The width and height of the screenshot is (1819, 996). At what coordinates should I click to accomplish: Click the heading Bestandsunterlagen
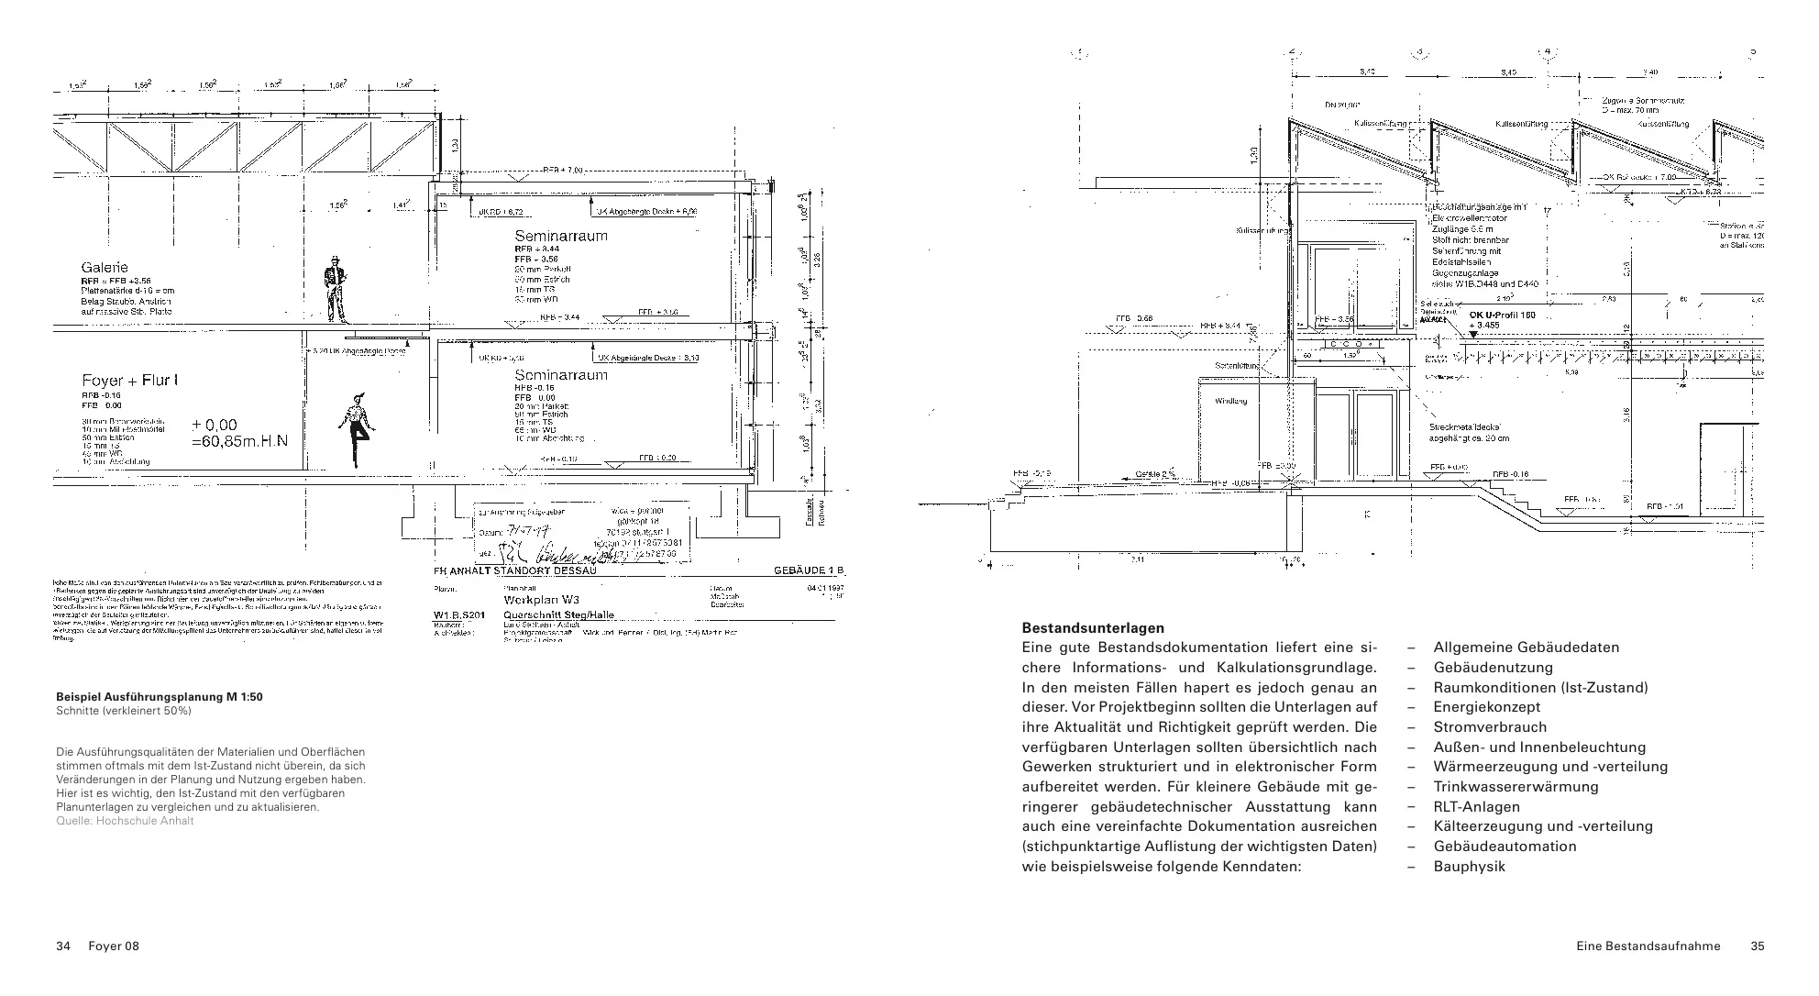tap(1079, 628)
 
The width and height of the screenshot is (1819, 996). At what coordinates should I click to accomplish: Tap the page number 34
tap(63, 946)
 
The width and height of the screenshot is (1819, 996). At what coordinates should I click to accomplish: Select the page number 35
tap(1757, 946)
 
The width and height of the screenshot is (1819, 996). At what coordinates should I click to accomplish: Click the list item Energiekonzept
tap(1486, 707)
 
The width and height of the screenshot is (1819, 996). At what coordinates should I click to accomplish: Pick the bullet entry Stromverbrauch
tap(1490, 727)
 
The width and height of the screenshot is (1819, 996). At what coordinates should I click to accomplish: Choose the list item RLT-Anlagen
tap(1476, 807)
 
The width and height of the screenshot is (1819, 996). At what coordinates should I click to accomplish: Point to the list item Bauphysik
tap(1469, 867)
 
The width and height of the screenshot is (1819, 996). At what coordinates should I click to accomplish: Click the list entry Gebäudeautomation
tap(1505, 847)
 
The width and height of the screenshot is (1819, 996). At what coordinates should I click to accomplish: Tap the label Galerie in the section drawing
tap(105, 268)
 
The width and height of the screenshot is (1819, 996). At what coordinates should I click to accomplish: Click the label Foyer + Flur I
tap(129, 381)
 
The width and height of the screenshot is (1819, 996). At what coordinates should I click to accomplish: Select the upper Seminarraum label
tap(560, 236)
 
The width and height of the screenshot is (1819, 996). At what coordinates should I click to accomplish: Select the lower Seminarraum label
tap(560, 375)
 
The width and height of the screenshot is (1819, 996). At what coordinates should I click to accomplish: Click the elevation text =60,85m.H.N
tap(239, 441)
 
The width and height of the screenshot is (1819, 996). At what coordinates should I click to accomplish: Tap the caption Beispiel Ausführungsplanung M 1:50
tap(160, 697)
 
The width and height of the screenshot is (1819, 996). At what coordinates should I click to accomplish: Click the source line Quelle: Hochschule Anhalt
tap(125, 821)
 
